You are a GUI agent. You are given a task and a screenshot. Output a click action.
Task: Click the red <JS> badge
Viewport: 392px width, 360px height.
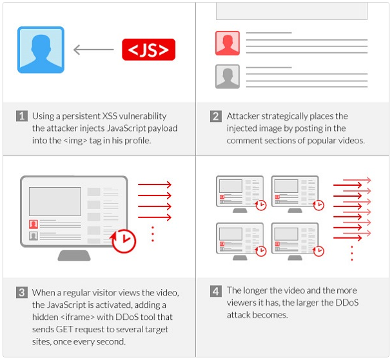[148, 50]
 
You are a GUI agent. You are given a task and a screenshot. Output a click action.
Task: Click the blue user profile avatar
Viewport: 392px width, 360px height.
[41, 50]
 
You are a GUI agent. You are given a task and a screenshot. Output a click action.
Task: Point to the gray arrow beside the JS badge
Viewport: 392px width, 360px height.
[93, 50]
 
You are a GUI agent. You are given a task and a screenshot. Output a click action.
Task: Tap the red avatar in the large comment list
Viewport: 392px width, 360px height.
[228, 43]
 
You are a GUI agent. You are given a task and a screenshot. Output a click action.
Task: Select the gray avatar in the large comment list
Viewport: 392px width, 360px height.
[228, 77]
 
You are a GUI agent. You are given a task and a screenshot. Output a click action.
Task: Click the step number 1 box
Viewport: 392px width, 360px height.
[22, 116]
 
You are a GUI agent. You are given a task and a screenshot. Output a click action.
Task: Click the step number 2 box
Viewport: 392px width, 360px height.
[216, 116]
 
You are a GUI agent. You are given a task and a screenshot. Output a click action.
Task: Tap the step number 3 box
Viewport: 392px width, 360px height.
[22, 292]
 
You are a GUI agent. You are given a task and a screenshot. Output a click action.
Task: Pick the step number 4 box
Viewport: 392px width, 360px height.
[216, 291]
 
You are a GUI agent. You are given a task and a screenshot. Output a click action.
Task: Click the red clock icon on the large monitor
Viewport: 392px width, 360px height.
[124, 241]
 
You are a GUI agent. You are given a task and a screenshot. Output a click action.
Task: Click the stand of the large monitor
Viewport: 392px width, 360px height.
[74, 255]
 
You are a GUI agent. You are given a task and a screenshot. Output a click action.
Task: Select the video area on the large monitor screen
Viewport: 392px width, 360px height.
[55, 201]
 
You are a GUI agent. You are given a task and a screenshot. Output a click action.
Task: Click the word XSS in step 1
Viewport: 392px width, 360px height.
[110, 116]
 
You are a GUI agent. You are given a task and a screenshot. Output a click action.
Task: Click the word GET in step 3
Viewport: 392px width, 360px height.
[64, 329]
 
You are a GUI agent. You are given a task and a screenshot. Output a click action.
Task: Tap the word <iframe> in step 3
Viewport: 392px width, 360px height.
[77, 317]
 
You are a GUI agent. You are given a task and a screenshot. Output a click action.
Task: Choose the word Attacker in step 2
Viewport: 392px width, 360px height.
[243, 116]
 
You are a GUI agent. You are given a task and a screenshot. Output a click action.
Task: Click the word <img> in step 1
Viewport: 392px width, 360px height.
[75, 141]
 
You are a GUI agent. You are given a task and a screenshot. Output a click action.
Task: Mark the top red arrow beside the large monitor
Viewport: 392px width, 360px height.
[155, 185]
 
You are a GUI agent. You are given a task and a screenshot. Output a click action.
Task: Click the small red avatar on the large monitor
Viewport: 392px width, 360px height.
[34, 224]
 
